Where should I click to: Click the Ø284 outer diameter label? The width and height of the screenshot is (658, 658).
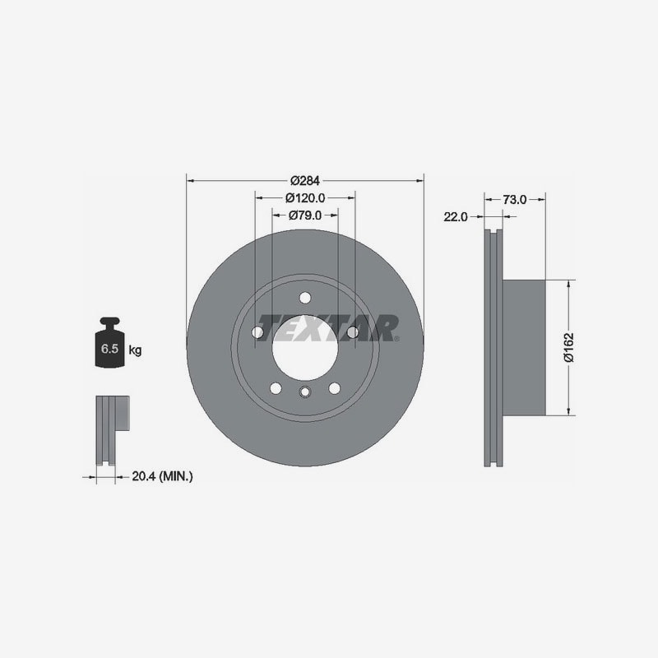[x=305, y=180]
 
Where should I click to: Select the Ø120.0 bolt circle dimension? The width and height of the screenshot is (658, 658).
[x=305, y=197]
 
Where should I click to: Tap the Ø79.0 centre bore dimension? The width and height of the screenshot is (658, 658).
[x=305, y=215]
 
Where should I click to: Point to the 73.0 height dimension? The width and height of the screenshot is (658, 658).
[x=515, y=200]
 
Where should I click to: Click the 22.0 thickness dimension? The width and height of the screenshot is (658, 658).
[x=456, y=217]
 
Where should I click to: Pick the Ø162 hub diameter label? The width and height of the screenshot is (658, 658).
[x=568, y=347]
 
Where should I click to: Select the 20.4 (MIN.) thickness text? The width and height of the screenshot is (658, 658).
[x=162, y=476]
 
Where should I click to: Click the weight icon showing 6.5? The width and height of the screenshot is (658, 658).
[x=110, y=342]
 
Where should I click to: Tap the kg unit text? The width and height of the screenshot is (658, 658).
[x=135, y=350]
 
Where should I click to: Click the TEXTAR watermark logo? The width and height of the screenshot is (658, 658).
[x=327, y=327]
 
